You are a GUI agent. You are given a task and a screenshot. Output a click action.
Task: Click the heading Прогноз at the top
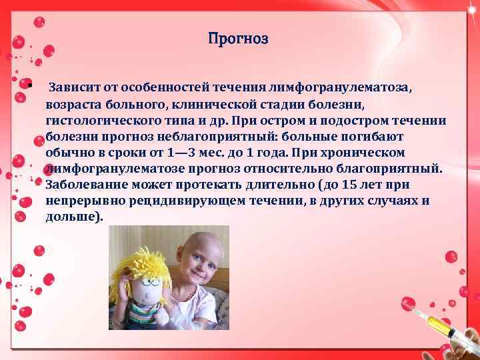pos(238,39)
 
